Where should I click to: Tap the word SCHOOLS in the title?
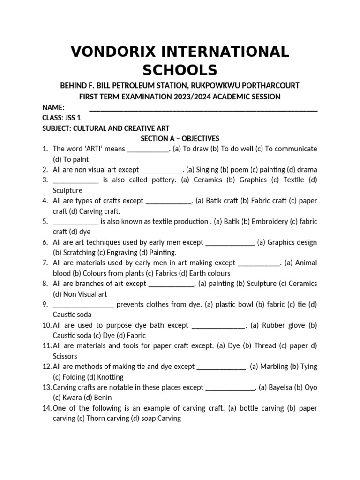click(180, 70)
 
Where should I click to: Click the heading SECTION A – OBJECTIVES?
click(180, 138)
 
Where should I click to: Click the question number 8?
click(45, 284)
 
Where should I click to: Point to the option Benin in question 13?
click(103, 397)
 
